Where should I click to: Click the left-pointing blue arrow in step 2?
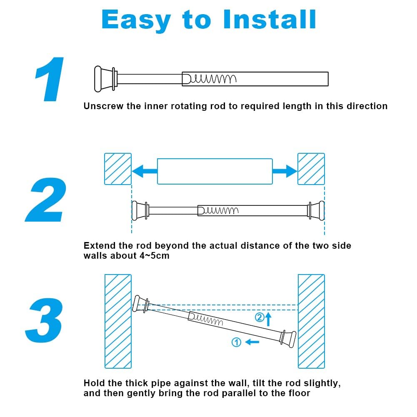click(144, 171)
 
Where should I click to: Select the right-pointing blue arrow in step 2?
click(285, 171)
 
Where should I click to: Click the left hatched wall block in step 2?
click(117, 169)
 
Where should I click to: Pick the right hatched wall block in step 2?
click(311, 169)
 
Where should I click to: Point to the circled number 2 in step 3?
click(259, 318)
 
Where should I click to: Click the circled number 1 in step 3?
click(236, 342)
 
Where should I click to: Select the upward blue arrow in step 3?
click(269, 319)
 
